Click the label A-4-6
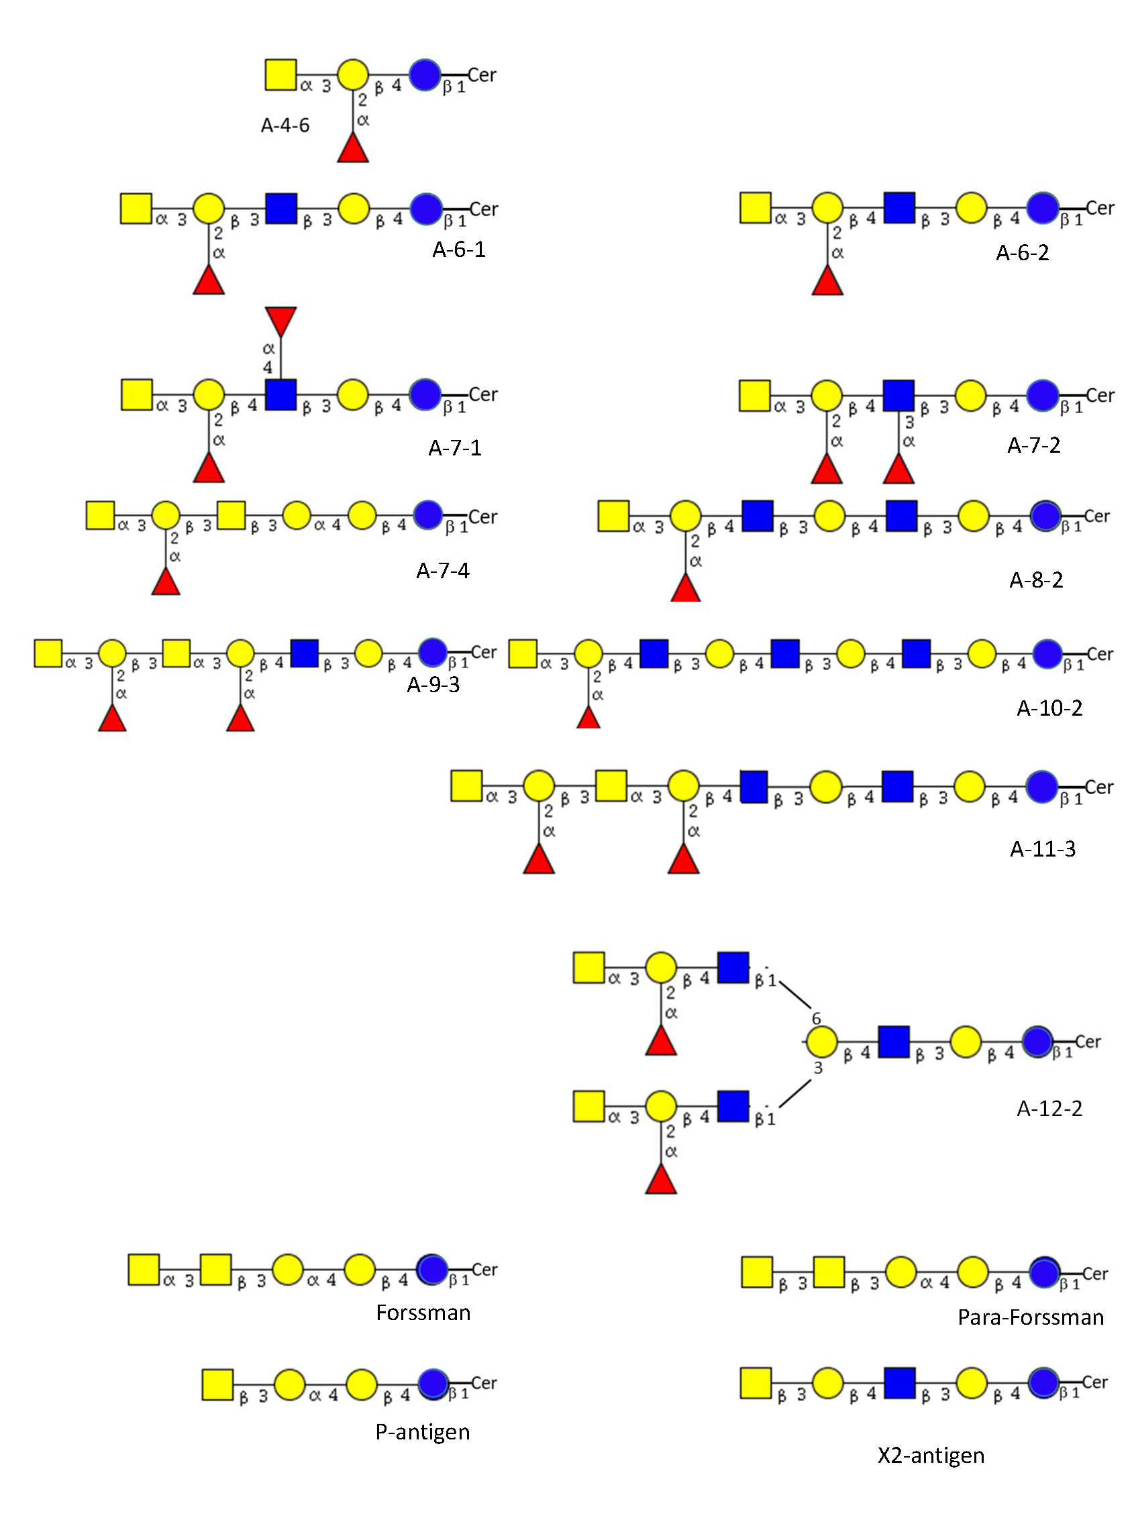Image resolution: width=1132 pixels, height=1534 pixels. pyautogui.click(x=285, y=125)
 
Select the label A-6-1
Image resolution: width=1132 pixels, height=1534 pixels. pyautogui.click(x=458, y=250)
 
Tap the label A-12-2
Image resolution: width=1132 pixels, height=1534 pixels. pyautogui.click(x=1049, y=1108)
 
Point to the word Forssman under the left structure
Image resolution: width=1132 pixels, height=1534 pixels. pyautogui.click(x=423, y=1312)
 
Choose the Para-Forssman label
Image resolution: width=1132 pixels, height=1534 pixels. pyautogui.click(x=1030, y=1317)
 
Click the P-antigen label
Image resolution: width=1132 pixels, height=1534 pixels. pyautogui.click(x=422, y=1431)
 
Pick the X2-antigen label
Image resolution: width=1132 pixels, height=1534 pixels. pyautogui.click(x=931, y=1455)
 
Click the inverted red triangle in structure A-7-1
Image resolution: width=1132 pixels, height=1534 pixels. pyautogui.click(x=281, y=321)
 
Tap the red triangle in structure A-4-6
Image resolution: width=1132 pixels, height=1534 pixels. pyautogui.click(x=353, y=149)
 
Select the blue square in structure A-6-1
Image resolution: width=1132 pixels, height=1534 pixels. pyautogui.click(x=281, y=208)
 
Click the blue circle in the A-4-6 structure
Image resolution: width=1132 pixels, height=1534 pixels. pyautogui.click(x=425, y=74)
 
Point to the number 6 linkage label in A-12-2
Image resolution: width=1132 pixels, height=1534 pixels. pyautogui.click(x=816, y=1019)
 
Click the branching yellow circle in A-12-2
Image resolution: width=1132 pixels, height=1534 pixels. pyautogui.click(x=821, y=1042)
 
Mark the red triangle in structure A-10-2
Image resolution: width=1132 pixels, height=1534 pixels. pyautogui.click(x=588, y=718)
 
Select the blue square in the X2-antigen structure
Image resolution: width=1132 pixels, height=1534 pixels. pyautogui.click(x=900, y=1382)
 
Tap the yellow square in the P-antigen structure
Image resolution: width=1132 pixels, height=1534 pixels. pyautogui.click(x=218, y=1384)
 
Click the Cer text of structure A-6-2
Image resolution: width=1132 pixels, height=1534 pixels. pyautogui.click(x=1100, y=207)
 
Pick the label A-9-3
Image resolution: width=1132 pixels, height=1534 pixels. pyautogui.click(x=433, y=685)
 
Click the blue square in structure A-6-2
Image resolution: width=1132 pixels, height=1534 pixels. pyautogui.click(x=899, y=207)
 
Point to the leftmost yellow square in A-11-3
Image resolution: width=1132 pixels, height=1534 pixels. pyautogui.click(x=466, y=785)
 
